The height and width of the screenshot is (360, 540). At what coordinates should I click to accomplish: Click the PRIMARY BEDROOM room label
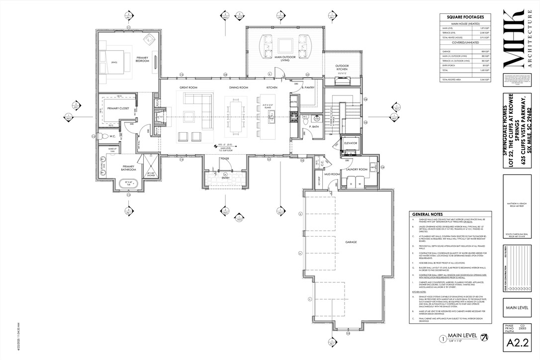[143, 59]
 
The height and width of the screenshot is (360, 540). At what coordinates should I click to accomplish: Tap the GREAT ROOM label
[188, 88]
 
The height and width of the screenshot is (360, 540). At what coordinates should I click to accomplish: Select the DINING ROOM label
[238, 88]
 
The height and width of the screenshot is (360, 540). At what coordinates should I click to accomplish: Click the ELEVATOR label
[351, 143]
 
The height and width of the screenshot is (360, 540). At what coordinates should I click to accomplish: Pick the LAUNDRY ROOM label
[356, 170]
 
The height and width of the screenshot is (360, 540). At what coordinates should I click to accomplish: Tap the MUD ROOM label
[332, 175]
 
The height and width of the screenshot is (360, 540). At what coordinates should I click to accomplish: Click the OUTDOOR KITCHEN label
[342, 67]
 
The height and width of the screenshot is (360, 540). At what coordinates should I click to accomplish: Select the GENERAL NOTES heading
[426, 214]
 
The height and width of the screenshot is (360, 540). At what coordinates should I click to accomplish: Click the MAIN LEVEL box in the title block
[517, 307]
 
